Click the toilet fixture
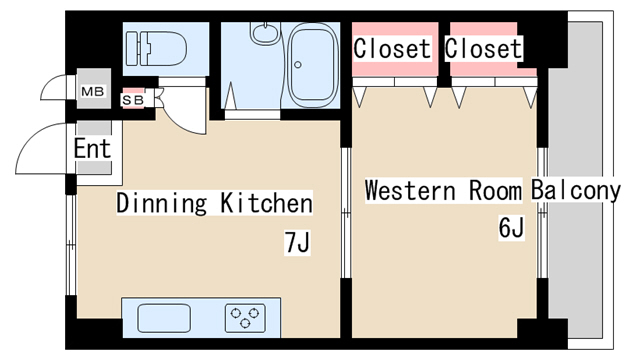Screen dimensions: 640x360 [156, 49]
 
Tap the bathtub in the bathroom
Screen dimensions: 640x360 [313, 65]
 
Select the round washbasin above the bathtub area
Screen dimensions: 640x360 [265, 33]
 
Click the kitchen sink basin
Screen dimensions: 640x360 [164, 318]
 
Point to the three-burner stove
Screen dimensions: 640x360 [245, 318]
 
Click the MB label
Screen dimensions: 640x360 [93, 91]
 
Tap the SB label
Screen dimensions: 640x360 [133, 100]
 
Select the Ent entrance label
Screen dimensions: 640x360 [92, 148]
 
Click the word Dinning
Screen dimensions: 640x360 [162, 203]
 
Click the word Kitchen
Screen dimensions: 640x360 [267, 202]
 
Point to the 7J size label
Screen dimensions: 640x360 [298, 242]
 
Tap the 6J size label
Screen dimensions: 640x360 [511, 228]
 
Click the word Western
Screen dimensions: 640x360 [410, 190]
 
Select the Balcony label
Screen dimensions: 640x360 [576, 190]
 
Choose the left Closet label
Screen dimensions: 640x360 [392, 49]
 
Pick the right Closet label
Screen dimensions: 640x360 [483, 49]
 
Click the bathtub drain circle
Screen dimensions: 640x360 [298, 64]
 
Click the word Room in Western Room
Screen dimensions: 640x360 [495, 190]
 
